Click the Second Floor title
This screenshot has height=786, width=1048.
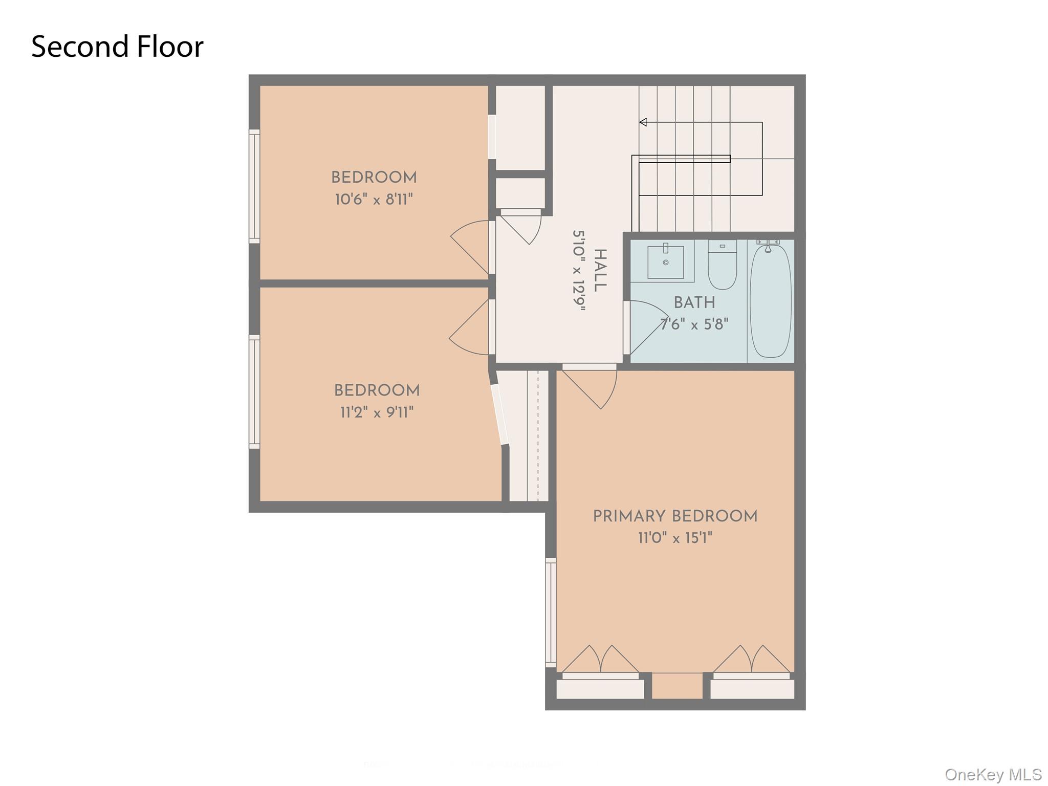(117, 47)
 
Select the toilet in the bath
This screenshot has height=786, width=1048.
(722, 266)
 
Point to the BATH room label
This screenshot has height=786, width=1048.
(694, 303)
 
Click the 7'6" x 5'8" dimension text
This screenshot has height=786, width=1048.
(694, 324)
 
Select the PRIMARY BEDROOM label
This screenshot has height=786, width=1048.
(675, 516)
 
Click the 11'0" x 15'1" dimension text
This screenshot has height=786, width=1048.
(675, 538)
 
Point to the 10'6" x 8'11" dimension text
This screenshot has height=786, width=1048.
(374, 200)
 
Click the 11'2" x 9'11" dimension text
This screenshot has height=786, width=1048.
(377, 412)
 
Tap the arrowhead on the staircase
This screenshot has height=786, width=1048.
(643, 122)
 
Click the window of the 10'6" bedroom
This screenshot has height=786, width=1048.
(254, 186)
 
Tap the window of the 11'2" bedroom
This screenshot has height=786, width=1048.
(254, 391)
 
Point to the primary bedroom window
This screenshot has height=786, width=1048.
(551, 612)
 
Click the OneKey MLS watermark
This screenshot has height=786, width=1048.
(993, 774)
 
